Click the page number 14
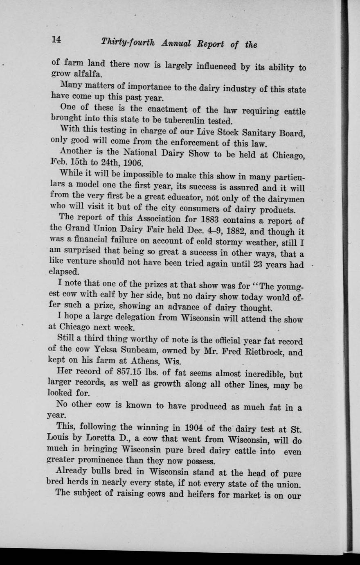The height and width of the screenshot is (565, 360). point(56,40)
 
